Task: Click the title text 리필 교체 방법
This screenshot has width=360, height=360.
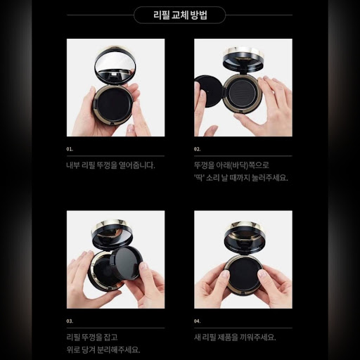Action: click(180, 15)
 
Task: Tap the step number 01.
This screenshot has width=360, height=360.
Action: click(70, 149)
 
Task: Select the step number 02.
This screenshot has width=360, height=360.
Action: click(197, 149)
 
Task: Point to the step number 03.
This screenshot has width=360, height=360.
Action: click(70, 321)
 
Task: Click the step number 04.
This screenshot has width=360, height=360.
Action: click(197, 321)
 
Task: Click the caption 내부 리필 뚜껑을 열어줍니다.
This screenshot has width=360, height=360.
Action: click(110, 165)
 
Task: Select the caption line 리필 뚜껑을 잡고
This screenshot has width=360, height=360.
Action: click(92, 337)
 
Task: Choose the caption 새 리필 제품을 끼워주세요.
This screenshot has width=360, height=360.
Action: click(235, 337)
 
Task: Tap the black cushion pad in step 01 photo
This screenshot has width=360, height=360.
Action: click(114, 103)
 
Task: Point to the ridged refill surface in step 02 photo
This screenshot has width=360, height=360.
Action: click(243, 95)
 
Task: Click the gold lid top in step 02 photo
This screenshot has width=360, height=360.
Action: click(243, 52)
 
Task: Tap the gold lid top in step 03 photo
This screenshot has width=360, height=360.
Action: click(112, 224)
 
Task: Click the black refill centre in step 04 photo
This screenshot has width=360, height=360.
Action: click(243, 274)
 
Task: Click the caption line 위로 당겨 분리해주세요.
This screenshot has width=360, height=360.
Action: click(103, 350)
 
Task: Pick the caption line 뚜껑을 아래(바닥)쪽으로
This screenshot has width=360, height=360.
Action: click(231, 165)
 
